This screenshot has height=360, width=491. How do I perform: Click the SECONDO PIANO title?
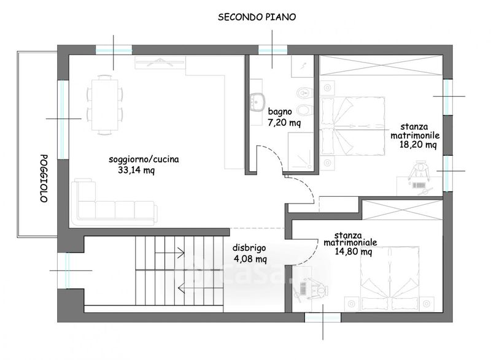[x=257, y=17]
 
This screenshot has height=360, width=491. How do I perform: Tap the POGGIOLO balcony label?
[x=44, y=178]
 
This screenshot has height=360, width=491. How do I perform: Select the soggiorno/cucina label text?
[x=144, y=159]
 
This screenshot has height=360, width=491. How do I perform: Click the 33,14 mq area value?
[x=136, y=170]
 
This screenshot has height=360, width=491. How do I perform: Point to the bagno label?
[x=280, y=112]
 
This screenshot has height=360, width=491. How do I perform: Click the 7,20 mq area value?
[x=284, y=122]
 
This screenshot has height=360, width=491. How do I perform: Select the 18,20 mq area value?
[x=418, y=145]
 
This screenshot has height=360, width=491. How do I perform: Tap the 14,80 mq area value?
[x=354, y=251]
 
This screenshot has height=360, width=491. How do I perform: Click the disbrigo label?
[x=249, y=248]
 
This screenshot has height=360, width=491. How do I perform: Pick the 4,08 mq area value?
[x=250, y=259]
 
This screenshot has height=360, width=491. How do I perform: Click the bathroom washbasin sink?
[x=257, y=102]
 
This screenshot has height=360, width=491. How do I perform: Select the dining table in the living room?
[x=104, y=105]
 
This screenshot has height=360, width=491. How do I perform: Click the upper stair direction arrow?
[x=169, y=253]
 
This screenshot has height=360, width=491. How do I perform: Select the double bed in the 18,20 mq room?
[x=352, y=126]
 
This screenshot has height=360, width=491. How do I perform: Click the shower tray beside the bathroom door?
[x=301, y=151]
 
